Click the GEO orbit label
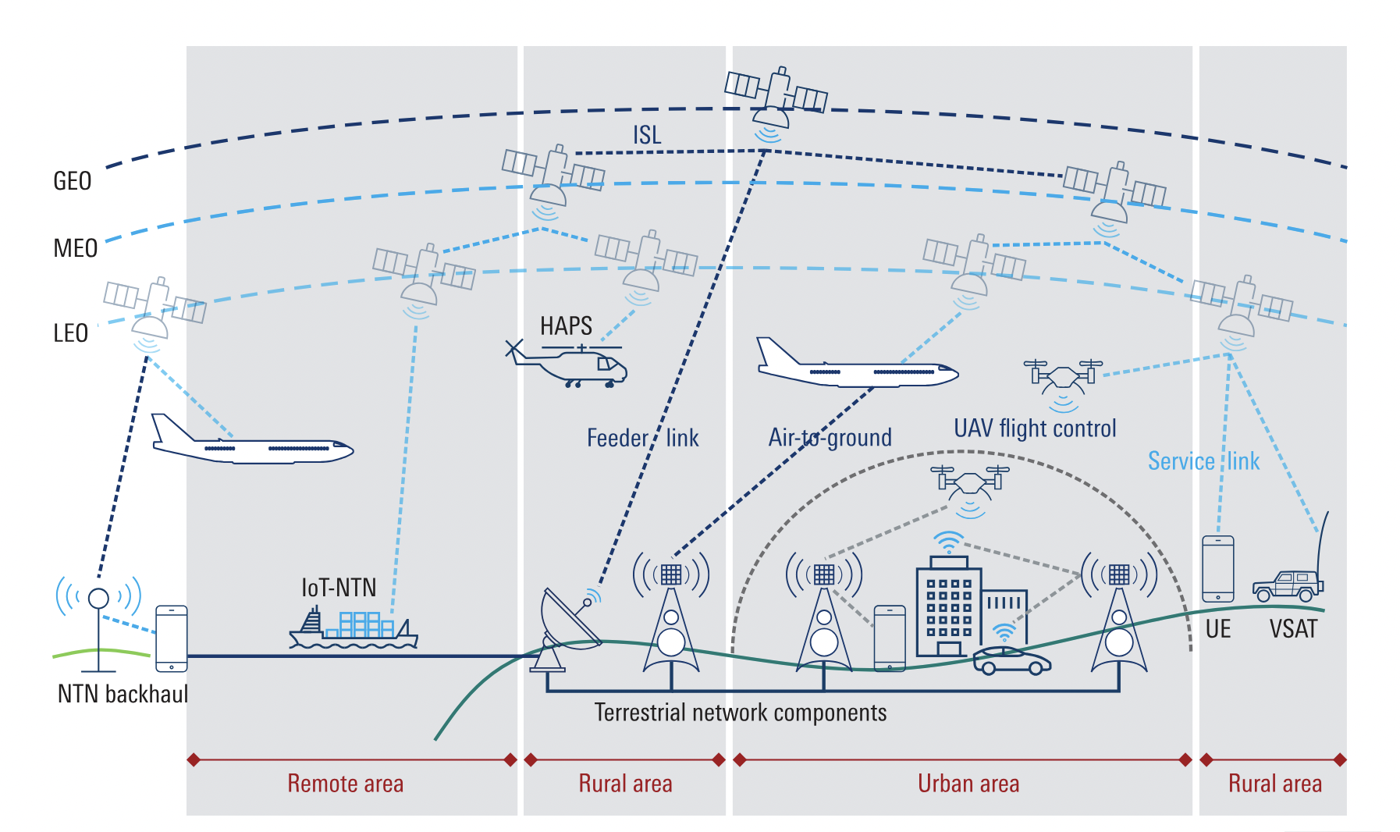[x=73, y=181]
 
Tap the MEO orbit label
[x=75, y=248]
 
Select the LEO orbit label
[x=70, y=333]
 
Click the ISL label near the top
[x=647, y=135]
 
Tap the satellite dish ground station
[x=566, y=628]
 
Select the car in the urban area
[x=1011, y=660]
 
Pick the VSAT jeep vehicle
[x=1288, y=585]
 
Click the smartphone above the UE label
[x=1217, y=568]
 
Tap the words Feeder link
[x=642, y=438]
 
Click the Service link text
[x=1203, y=461]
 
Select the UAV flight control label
[x=1035, y=428]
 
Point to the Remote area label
[x=345, y=783]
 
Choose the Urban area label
[x=968, y=783]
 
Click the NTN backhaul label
[x=123, y=694]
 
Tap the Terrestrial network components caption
[x=740, y=713]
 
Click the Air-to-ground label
[x=830, y=437]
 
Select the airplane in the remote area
[x=251, y=444]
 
